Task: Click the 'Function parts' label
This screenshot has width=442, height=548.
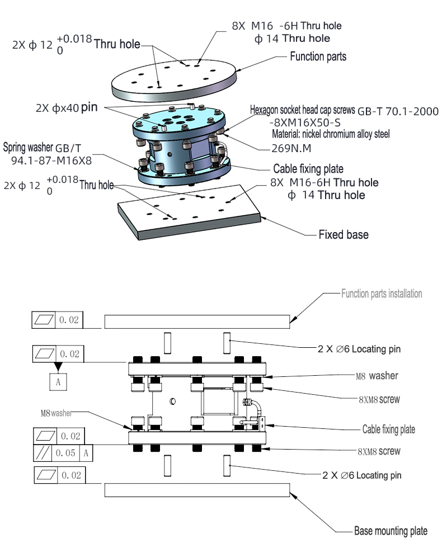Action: [x=318, y=56]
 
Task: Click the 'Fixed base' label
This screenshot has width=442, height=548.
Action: [x=343, y=235]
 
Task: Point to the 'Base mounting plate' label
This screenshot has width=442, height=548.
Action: [x=391, y=531]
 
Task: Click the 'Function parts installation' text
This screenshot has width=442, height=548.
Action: [x=382, y=294]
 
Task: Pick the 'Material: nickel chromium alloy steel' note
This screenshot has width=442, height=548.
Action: [x=331, y=134]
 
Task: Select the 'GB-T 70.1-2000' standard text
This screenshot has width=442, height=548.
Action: [x=398, y=111]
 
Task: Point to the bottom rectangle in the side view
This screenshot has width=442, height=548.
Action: [x=197, y=490]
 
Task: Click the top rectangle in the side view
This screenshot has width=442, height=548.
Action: [x=197, y=321]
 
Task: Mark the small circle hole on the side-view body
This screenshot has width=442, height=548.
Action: [x=173, y=401]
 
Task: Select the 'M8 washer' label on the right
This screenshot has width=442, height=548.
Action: [x=377, y=376]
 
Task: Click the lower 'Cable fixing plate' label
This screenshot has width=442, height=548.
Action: [x=389, y=429]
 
